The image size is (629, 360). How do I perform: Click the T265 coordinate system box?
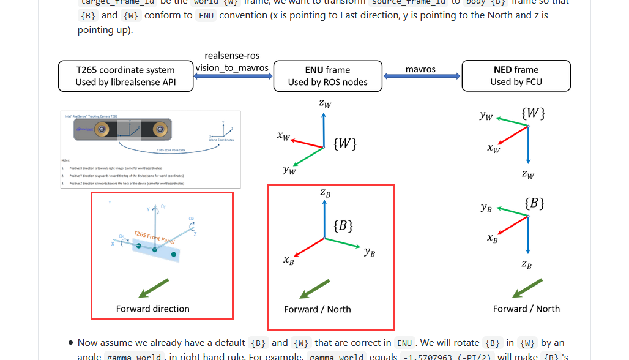(x=125, y=76)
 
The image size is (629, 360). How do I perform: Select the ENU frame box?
(x=327, y=76)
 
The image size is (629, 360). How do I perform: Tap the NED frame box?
(x=516, y=76)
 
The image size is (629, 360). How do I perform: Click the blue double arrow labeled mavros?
(x=422, y=77)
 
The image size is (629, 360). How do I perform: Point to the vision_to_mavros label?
(x=233, y=68)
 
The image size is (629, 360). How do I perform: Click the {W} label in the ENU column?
(x=345, y=143)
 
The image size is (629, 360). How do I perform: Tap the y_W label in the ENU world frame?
(x=289, y=170)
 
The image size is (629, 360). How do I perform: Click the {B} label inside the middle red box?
(x=343, y=225)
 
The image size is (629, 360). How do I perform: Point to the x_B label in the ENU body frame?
(x=289, y=260)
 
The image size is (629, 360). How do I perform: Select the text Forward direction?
(x=153, y=309)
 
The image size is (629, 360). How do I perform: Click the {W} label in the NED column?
(x=533, y=113)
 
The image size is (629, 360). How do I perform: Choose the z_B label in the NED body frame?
(x=527, y=264)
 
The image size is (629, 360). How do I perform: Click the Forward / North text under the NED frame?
(x=526, y=309)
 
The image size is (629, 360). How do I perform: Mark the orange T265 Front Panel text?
(x=154, y=238)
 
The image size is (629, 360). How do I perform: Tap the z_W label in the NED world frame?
(x=527, y=174)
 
